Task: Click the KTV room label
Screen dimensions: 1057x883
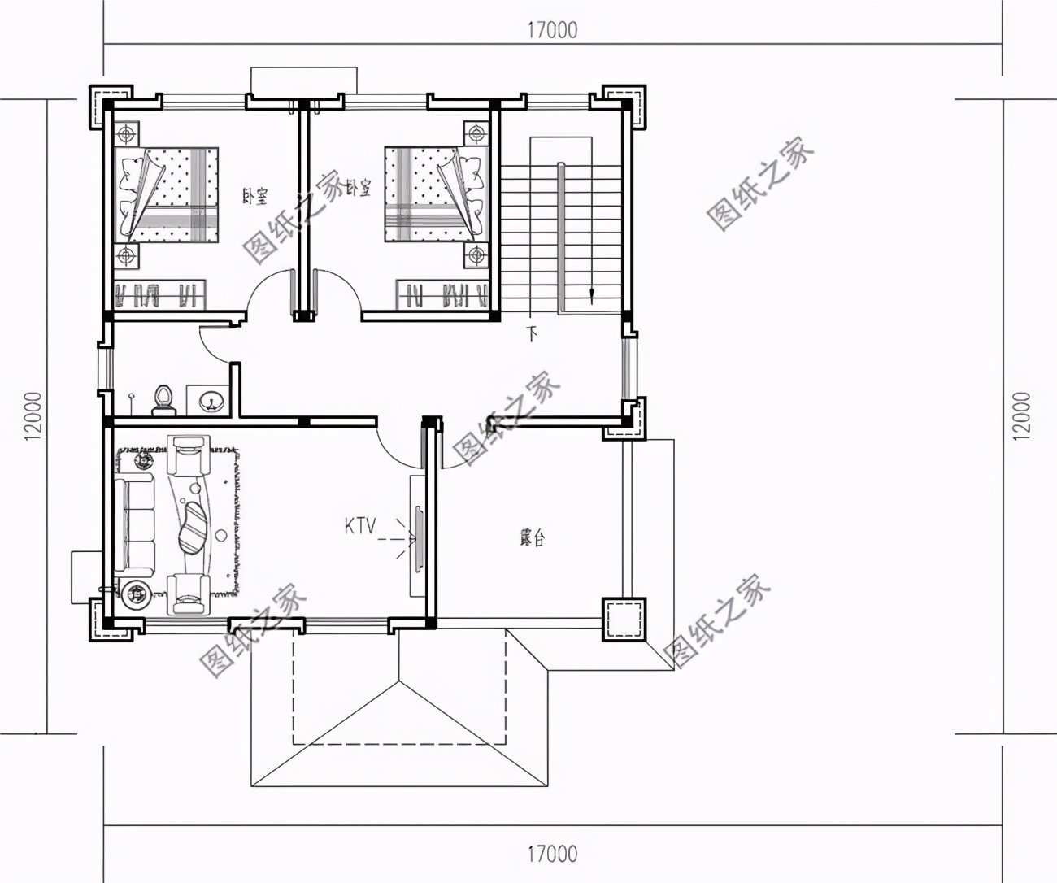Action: (360, 527)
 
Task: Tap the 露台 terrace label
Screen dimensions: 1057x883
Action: (532, 537)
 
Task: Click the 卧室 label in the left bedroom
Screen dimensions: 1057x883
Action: (255, 196)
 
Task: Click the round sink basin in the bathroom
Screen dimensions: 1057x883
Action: (208, 401)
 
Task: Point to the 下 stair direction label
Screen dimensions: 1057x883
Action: (531, 334)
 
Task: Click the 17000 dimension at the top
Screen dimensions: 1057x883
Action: (552, 30)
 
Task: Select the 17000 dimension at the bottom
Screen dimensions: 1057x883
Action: (552, 855)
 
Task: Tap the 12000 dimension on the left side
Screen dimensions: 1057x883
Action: (33, 416)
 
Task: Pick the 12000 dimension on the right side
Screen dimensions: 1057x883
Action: (1021, 416)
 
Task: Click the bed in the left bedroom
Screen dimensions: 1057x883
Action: (167, 194)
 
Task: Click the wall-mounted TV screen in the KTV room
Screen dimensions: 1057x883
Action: (420, 539)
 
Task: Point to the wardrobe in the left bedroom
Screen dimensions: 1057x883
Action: (159, 294)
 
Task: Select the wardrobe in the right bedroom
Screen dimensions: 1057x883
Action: (442, 294)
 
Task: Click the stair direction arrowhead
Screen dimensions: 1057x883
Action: (591, 294)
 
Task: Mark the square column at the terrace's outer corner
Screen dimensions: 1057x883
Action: (624, 620)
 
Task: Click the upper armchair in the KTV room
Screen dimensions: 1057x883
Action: (188, 455)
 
